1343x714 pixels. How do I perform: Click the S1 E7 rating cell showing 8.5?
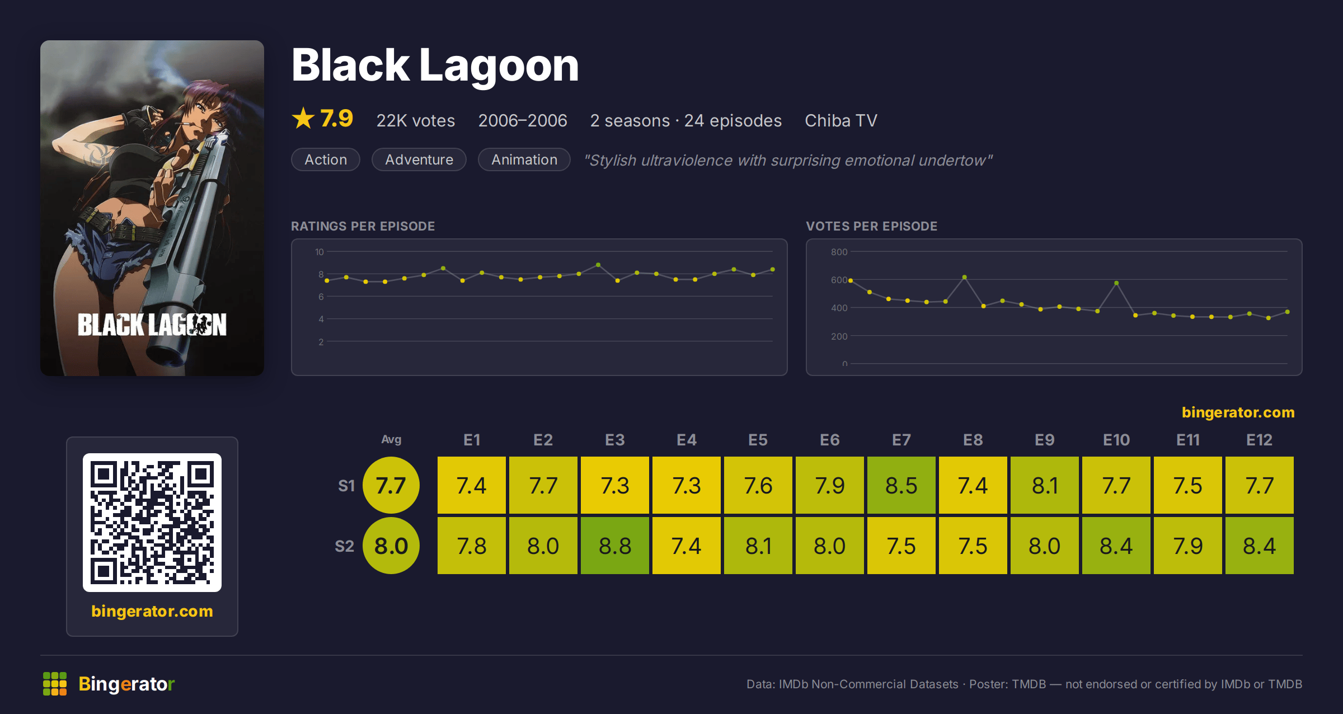click(901, 485)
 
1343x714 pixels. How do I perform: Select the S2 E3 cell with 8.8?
click(614, 546)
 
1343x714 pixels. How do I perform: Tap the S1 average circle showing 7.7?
click(391, 485)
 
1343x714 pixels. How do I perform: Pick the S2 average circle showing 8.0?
click(391, 546)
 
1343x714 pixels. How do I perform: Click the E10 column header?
click(1116, 440)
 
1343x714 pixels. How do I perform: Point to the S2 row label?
click(344, 546)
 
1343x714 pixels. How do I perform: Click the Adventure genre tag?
click(419, 159)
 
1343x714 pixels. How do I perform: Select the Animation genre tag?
click(524, 159)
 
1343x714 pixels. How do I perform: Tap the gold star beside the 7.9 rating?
click(303, 118)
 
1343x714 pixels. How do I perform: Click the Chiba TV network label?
click(840, 120)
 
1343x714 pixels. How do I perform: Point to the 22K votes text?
click(415, 120)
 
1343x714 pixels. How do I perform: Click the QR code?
click(152, 523)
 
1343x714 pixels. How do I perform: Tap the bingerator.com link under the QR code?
click(152, 611)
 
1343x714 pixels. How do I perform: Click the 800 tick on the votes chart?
click(839, 252)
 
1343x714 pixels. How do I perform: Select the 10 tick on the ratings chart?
click(319, 252)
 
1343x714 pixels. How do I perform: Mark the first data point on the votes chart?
click(851, 280)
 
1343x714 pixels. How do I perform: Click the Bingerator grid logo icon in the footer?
click(55, 684)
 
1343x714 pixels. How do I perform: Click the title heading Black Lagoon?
click(435, 65)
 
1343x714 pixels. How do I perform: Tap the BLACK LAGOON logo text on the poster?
click(152, 325)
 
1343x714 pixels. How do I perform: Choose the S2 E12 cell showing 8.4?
click(1259, 546)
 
